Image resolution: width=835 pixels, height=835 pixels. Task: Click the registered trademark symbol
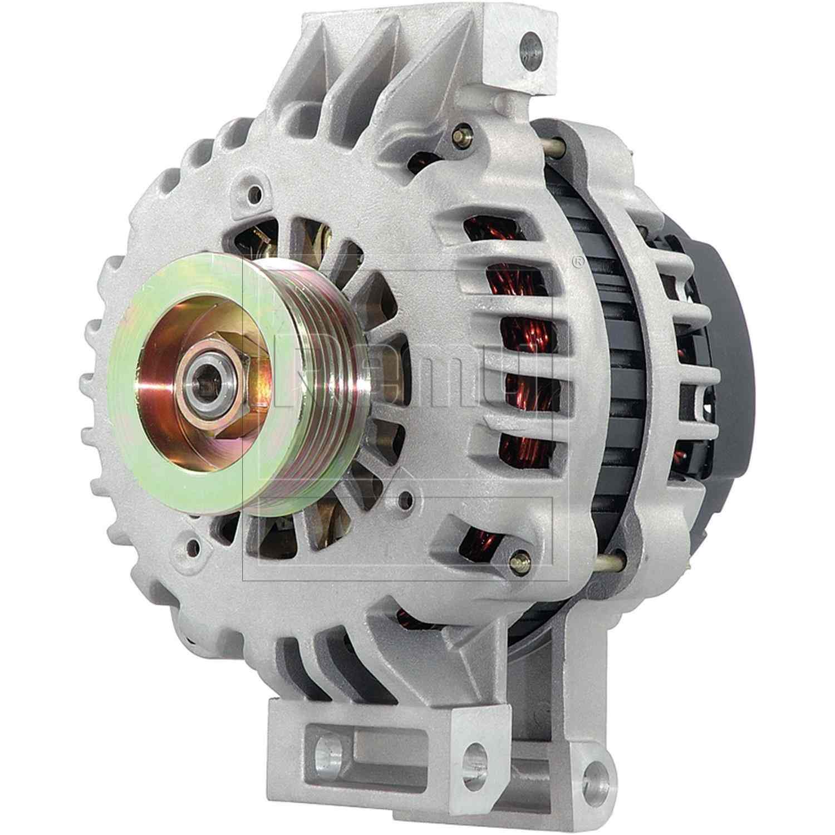pos(578,260)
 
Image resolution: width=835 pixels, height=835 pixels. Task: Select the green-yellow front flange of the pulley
pos(184,456)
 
